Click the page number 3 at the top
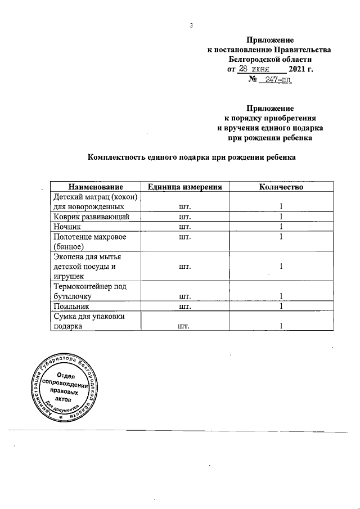[x=192, y=25]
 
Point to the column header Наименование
[x=95, y=186]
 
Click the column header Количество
[x=281, y=186]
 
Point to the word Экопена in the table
[x=69, y=256]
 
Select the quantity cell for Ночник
[x=281, y=227]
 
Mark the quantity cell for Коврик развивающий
[x=281, y=217]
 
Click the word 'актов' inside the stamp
[x=66, y=398]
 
